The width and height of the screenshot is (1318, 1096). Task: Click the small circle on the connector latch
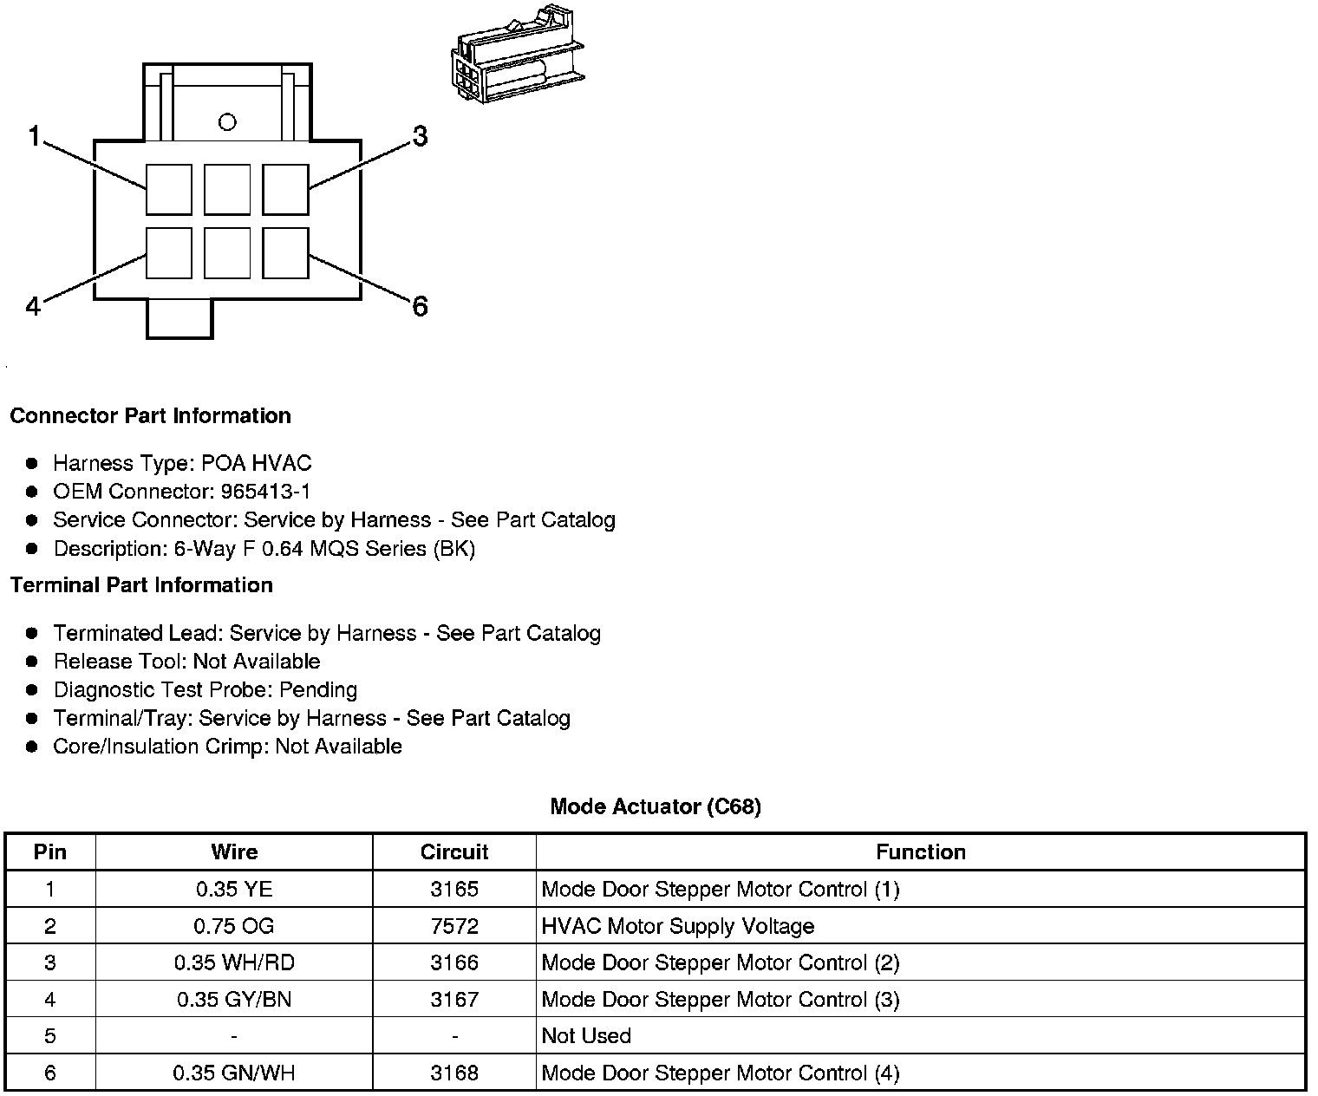[x=227, y=122]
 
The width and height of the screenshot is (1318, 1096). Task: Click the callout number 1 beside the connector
[x=35, y=136]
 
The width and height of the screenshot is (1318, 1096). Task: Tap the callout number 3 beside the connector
[x=420, y=136]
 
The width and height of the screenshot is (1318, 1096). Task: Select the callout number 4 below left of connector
[x=33, y=306]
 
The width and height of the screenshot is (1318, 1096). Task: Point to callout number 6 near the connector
[x=420, y=306]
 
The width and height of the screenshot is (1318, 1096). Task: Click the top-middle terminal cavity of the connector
[x=227, y=189]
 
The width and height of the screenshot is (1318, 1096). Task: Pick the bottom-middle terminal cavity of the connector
[x=227, y=253]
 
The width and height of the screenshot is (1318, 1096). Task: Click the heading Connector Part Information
[x=150, y=415]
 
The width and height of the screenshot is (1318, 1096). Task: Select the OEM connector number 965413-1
[x=265, y=492]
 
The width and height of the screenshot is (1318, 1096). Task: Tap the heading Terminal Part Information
[x=141, y=585]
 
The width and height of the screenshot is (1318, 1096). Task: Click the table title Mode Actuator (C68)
[x=656, y=806]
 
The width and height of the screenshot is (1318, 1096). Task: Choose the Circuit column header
[x=454, y=852]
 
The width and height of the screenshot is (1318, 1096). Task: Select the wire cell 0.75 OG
[x=234, y=926]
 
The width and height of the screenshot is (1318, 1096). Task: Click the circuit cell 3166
[x=454, y=962]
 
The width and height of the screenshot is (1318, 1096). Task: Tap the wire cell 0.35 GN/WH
[x=234, y=1073]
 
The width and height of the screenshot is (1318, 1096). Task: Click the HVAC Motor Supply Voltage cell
[x=678, y=926]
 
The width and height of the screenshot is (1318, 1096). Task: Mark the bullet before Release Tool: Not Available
[x=33, y=662]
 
